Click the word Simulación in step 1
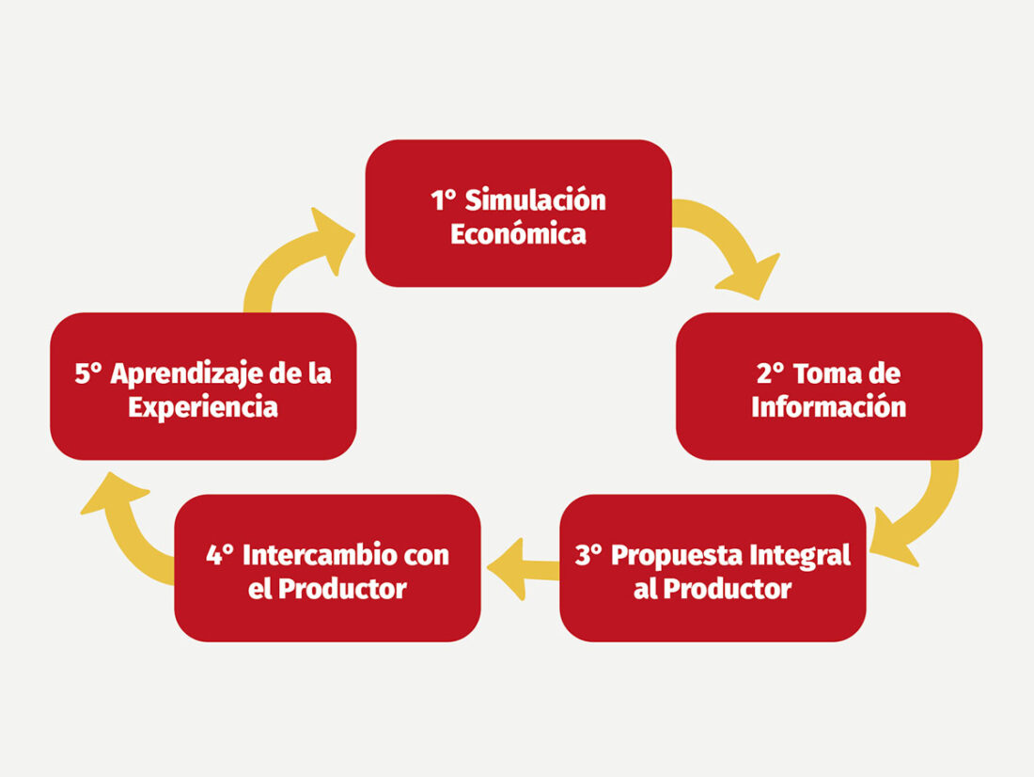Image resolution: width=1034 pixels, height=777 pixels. click(x=535, y=200)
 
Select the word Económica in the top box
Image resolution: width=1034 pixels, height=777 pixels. click(x=518, y=234)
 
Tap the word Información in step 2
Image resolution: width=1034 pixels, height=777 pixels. click(x=829, y=406)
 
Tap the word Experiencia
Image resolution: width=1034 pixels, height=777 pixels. click(x=203, y=407)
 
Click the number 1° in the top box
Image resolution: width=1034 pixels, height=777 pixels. click(x=443, y=200)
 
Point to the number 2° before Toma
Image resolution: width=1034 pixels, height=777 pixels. click(x=770, y=373)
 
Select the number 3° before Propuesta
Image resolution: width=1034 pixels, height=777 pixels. click(x=588, y=556)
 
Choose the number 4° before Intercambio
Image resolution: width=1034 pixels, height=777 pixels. click(x=220, y=555)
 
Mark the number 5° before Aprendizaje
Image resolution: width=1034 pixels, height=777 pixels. click(x=88, y=373)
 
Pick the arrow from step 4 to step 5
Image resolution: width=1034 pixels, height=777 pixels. click(x=125, y=528)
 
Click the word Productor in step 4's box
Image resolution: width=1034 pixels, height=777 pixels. click(x=342, y=589)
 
